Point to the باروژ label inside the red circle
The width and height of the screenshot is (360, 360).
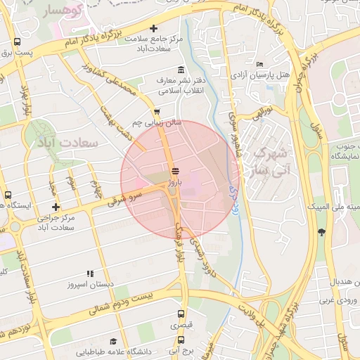pos(174,181)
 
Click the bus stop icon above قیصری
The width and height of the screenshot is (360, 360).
pos(181,314)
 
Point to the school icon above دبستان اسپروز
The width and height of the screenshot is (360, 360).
pos(90,274)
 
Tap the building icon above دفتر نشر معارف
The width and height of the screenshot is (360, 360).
pos(181,70)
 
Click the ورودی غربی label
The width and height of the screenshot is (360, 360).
pos(340,301)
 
